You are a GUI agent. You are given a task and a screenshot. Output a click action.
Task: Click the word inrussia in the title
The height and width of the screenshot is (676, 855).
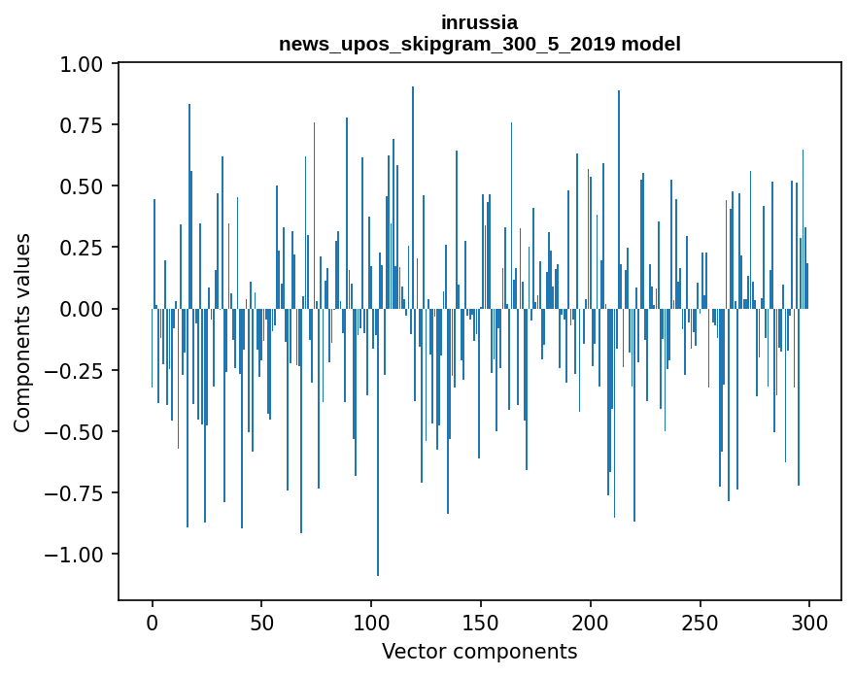[x=479, y=22]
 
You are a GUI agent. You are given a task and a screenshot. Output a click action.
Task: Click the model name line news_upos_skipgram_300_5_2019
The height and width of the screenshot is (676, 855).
[x=479, y=44]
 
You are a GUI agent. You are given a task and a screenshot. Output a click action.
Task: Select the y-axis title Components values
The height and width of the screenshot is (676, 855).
[x=21, y=332]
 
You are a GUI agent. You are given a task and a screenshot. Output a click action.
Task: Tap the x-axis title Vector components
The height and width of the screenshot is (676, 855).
[x=479, y=651]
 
